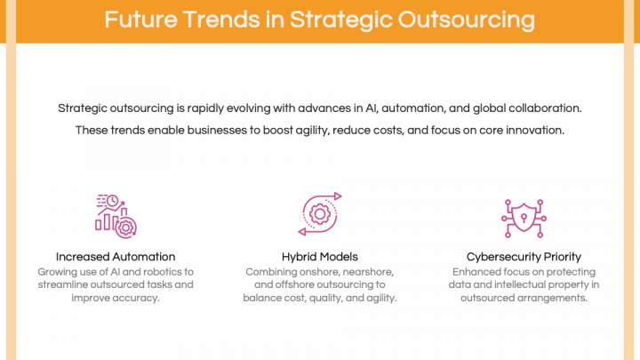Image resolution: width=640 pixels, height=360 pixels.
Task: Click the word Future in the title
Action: [x=140, y=20]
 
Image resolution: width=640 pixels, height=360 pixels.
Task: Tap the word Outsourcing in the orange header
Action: [x=467, y=20]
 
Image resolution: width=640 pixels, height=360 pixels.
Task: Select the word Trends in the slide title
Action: [x=221, y=20]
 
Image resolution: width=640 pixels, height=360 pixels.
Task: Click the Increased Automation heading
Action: [x=116, y=257]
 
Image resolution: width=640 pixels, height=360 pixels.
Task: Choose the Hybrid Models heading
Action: [x=320, y=257]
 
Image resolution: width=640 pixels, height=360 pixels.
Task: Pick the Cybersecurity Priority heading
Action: [x=524, y=257]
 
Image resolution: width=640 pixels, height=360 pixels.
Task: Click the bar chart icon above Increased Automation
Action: [x=116, y=216]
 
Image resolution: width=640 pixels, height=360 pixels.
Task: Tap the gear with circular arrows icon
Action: [x=320, y=214]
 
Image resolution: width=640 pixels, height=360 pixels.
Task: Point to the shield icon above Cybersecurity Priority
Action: [x=524, y=219]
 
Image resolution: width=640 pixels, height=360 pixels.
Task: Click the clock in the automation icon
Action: [x=112, y=200]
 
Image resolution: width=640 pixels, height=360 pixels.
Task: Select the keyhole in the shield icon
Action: [x=524, y=218]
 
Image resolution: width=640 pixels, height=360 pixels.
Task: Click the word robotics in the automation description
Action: [x=162, y=272]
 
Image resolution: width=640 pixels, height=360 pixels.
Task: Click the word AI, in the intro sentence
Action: [x=372, y=108]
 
